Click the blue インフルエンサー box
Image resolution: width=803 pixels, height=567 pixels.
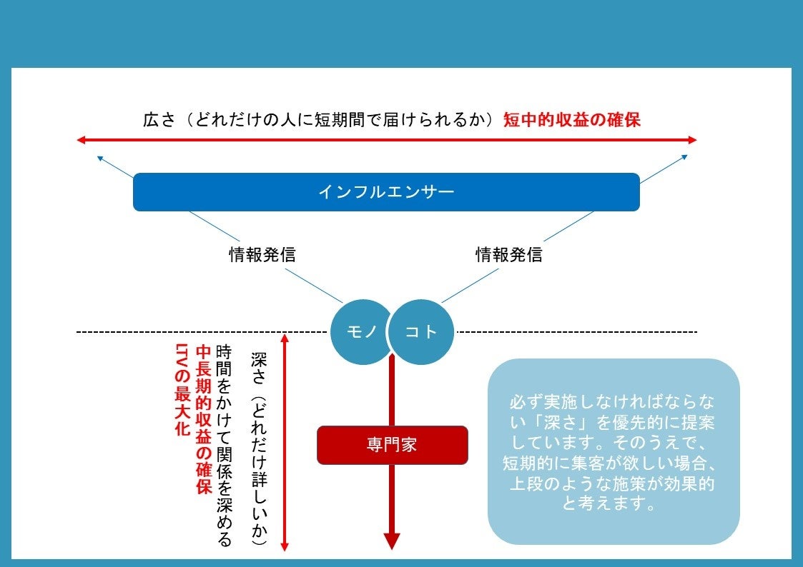(x=386, y=192)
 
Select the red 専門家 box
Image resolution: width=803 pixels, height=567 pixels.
(x=392, y=446)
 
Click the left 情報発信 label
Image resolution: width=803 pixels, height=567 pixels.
(x=262, y=255)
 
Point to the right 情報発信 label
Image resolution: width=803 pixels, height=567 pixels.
(x=509, y=255)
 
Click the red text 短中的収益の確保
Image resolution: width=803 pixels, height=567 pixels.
(x=571, y=120)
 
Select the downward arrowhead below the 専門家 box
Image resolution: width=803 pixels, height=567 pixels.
(x=392, y=541)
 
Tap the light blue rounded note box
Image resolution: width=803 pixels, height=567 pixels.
(x=613, y=452)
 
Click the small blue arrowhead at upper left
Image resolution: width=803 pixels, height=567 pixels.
(x=99, y=157)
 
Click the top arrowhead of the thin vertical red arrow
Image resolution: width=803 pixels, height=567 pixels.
(x=285, y=338)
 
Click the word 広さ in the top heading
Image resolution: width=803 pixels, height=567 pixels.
(x=159, y=120)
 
